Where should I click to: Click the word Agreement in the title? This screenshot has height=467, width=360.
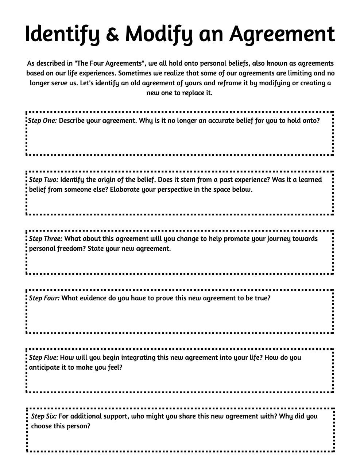click(x=282, y=34)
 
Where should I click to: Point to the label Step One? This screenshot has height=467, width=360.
click(x=43, y=121)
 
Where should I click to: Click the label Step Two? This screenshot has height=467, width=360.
click(x=43, y=180)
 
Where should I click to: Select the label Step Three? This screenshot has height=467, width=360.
click(x=46, y=239)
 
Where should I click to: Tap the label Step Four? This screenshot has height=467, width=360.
click(x=44, y=298)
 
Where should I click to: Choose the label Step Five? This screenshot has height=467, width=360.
click(x=43, y=358)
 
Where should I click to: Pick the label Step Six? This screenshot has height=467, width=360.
click(x=44, y=416)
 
